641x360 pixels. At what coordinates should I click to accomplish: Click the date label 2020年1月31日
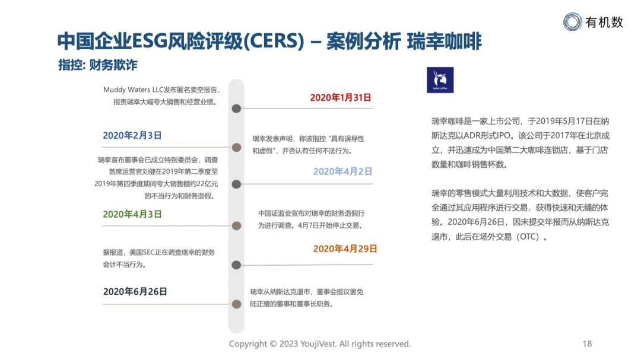(x=341, y=97)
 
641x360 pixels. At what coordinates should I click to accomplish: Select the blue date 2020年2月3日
(x=132, y=135)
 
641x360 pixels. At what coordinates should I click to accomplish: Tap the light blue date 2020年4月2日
(x=342, y=171)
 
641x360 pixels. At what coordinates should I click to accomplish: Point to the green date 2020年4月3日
(x=132, y=214)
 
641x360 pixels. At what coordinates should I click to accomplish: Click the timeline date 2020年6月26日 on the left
(x=135, y=291)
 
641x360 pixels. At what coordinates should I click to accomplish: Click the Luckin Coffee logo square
(x=440, y=80)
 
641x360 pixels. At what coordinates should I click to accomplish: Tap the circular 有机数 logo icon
(x=573, y=22)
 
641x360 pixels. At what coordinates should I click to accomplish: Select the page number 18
(x=587, y=344)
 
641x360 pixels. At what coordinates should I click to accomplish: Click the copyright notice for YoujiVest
(x=320, y=344)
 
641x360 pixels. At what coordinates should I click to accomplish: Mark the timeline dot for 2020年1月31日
(x=236, y=109)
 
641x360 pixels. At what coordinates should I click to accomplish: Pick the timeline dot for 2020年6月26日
(x=236, y=304)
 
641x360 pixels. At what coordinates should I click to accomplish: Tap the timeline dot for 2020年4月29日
(x=236, y=265)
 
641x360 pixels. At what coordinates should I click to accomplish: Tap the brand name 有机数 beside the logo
(x=604, y=23)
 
